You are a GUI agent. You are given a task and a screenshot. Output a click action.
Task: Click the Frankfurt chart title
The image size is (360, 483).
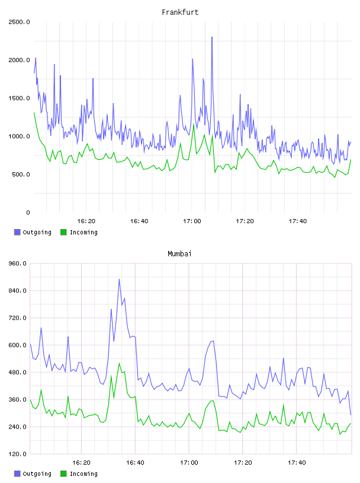tap(180, 12)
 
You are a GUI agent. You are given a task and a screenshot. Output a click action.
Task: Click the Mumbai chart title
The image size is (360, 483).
tap(179, 254)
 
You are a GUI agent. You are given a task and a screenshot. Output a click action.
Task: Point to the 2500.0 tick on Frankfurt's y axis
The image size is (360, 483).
tap(19, 22)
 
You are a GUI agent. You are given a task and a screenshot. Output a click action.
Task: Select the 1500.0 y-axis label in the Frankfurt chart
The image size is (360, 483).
tap(19, 98)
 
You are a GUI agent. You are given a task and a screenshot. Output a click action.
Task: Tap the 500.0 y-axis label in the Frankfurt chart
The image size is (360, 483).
tap(21, 175)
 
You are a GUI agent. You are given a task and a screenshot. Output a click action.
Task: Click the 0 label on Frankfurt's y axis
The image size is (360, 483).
tap(28, 212)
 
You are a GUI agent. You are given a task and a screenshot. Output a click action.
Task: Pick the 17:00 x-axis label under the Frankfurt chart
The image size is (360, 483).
tap(192, 221)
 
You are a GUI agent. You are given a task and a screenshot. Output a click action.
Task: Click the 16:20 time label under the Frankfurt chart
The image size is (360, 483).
tap(86, 221)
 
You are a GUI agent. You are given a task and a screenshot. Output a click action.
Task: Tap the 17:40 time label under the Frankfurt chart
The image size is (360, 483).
tap(298, 221)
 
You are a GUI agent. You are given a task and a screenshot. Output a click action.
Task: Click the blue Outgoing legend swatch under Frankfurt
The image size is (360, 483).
tap(17, 232)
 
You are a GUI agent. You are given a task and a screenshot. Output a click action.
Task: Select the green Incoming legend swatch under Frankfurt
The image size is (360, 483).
tap(63, 232)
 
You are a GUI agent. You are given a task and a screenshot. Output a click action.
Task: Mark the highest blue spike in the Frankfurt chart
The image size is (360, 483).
tap(212, 37)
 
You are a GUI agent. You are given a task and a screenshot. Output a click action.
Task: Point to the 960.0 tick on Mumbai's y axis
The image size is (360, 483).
tap(18, 263)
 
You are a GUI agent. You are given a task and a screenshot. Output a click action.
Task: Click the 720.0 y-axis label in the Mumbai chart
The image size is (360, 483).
tap(18, 318)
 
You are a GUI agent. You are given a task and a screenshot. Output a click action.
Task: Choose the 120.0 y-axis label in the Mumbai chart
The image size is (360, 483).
tap(18, 454)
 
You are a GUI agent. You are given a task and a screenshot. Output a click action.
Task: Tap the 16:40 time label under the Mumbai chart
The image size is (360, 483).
tap(136, 463)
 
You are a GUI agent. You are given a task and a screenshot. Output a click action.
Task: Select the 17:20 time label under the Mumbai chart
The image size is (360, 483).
tap(243, 463)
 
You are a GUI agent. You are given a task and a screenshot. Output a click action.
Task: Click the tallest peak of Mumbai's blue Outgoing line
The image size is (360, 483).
tap(119, 279)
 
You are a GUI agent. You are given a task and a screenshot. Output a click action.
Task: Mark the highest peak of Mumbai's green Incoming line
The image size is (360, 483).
tap(119, 363)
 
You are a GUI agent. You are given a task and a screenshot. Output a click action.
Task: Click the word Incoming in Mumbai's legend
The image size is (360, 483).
tap(83, 474)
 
